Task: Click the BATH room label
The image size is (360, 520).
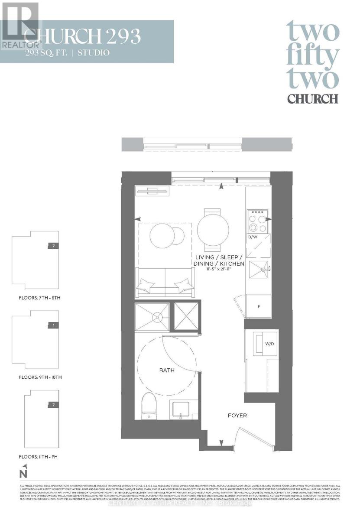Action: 167,370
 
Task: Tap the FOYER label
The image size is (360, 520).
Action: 237,416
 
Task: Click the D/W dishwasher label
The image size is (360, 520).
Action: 253,237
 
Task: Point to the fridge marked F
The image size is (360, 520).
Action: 259,307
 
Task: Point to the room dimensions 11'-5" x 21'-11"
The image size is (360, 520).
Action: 219,270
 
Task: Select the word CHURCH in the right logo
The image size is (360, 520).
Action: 313,98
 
